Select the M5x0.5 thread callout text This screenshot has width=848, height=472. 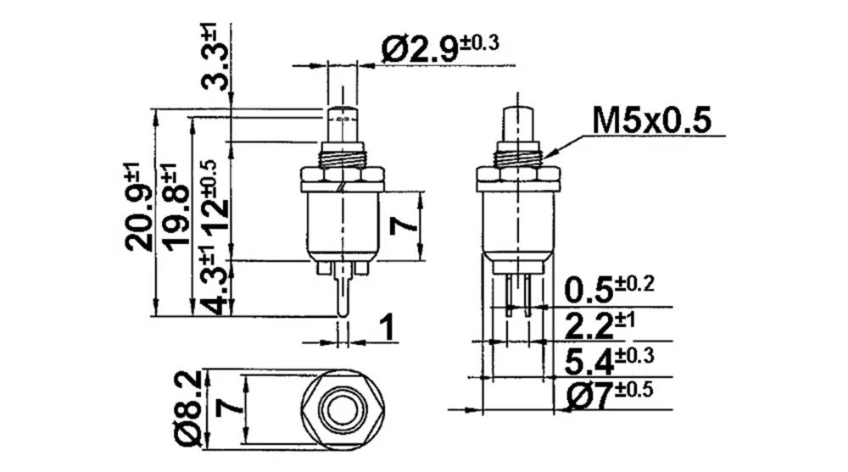click(x=650, y=120)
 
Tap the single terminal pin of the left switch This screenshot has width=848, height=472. click(x=342, y=297)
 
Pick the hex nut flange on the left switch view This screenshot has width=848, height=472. click(x=342, y=179)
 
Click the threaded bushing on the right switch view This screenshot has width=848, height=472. click(x=517, y=155)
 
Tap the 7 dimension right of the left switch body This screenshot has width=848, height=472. click(x=405, y=225)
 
